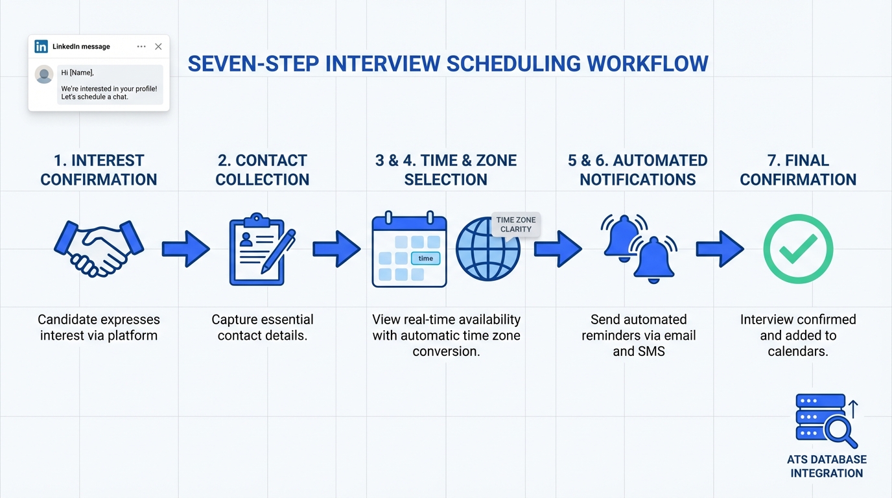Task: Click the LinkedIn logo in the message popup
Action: click(x=41, y=47)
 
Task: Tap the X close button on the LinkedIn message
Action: click(x=158, y=47)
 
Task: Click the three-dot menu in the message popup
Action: click(x=141, y=47)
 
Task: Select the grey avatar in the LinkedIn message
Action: click(x=44, y=75)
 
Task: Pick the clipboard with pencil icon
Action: click(x=260, y=250)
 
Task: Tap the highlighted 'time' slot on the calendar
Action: click(x=425, y=258)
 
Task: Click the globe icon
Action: click(x=487, y=250)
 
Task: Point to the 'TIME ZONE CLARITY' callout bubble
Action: click(x=516, y=225)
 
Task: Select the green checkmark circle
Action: click(x=797, y=250)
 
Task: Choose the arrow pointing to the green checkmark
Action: click(x=720, y=250)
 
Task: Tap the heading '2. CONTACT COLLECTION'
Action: click(x=262, y=170)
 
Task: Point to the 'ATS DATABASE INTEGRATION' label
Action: click(x=827, y=466)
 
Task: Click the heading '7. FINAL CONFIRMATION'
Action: click(x=798, y=170)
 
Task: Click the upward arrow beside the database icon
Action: click(x=853, y=409)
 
